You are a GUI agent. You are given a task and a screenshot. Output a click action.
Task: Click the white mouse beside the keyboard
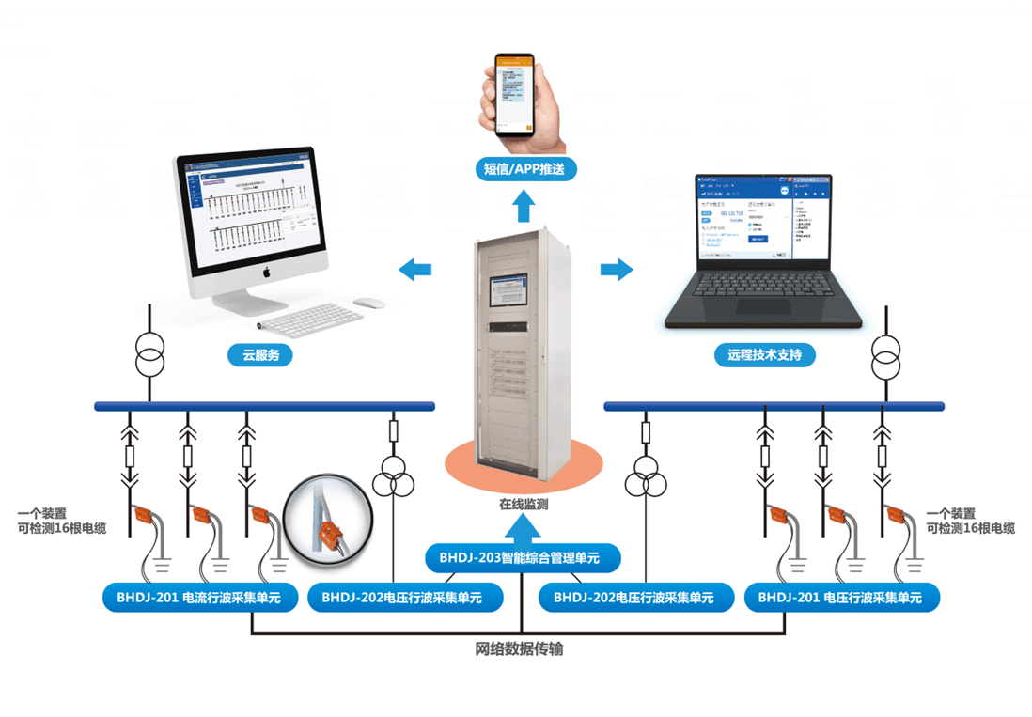[369, 303]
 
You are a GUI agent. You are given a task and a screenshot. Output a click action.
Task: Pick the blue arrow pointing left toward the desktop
[414, 270]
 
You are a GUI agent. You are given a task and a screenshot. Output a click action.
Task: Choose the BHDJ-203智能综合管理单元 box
[524, 558]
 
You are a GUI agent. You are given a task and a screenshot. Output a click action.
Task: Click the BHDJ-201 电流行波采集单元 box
[199, 597]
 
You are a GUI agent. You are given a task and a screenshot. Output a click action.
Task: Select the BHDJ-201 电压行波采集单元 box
[840, 597]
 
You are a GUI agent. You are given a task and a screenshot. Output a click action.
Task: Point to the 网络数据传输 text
[519, 649]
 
